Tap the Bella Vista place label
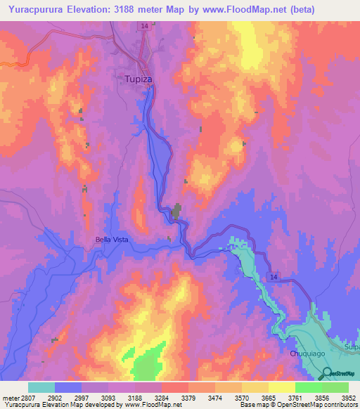[112, 240]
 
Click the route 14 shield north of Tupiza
[143, 25]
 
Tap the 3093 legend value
[98, 397]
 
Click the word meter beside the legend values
[9, 397]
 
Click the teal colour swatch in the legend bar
[41, 387]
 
